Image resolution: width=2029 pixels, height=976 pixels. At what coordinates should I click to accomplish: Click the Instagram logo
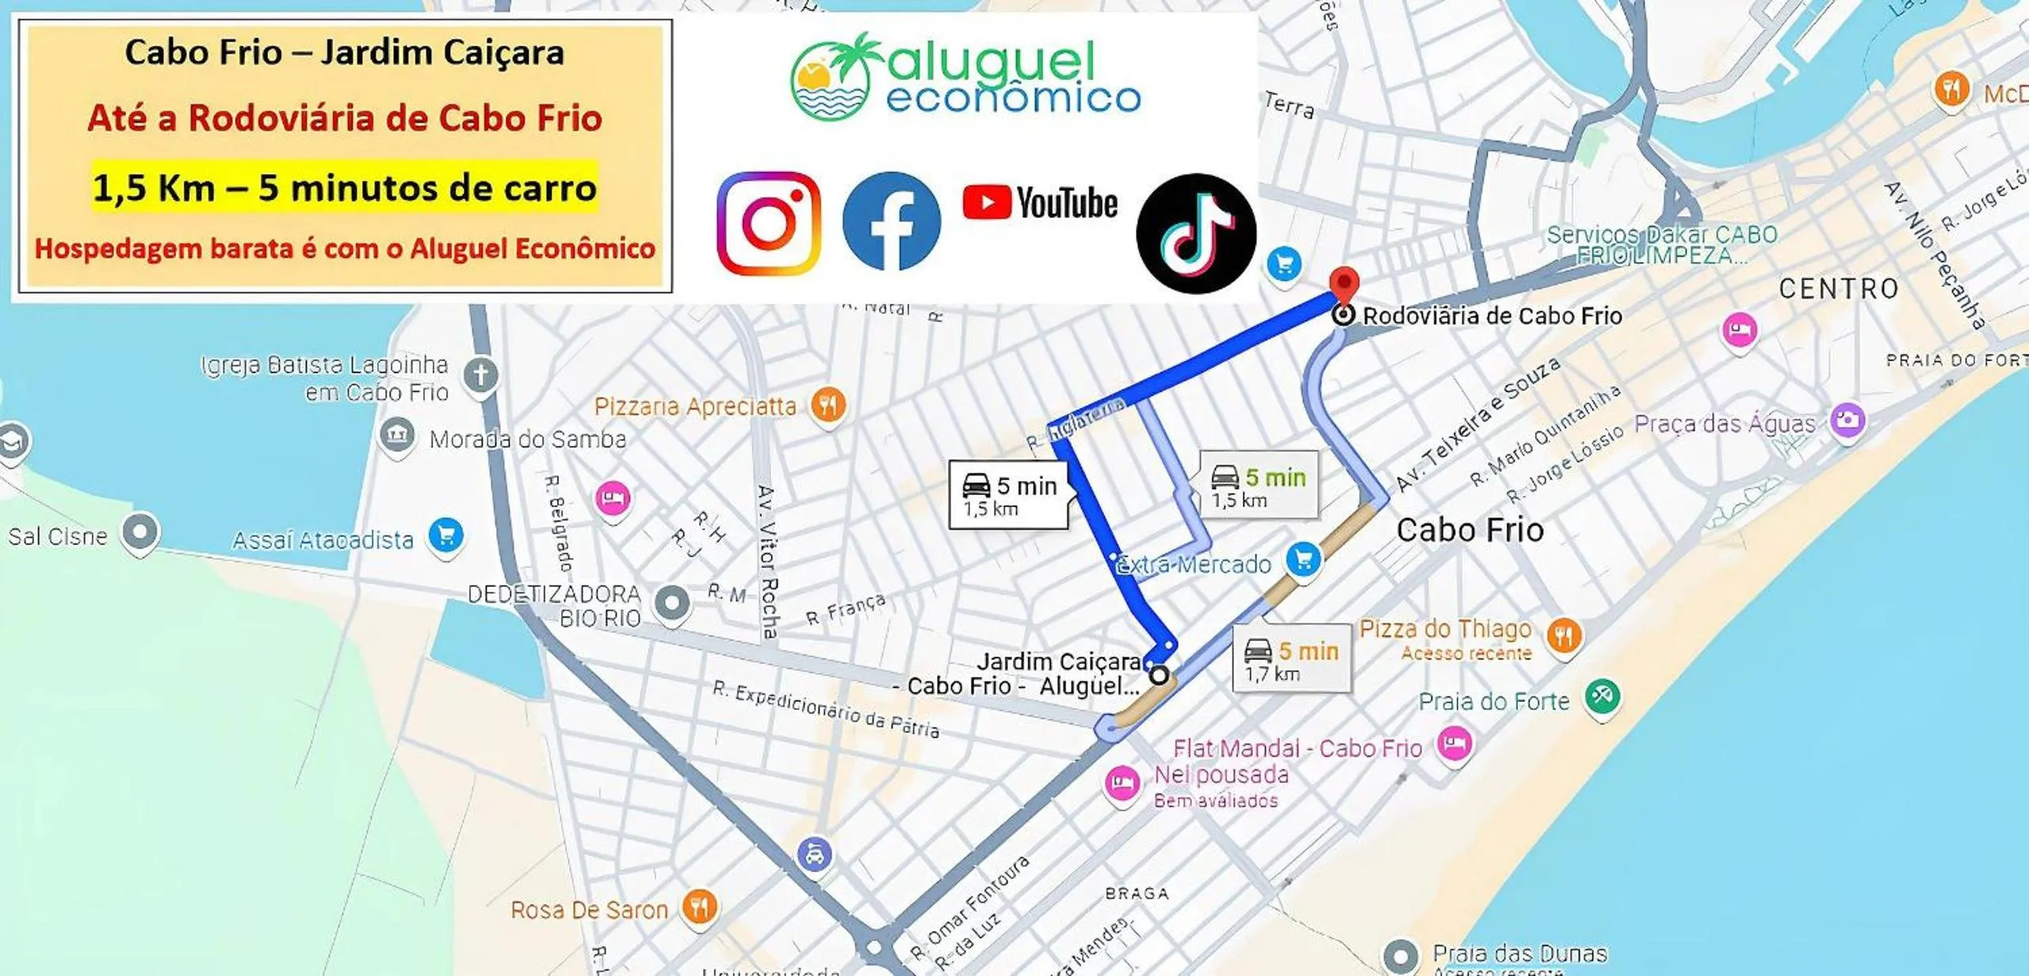coord(768,223)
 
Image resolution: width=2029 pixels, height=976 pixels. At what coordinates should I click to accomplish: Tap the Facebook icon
coord(891,221)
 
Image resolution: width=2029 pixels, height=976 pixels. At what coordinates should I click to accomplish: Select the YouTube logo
coord(1039,203)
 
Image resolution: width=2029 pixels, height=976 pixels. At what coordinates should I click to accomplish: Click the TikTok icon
coord(1195,233)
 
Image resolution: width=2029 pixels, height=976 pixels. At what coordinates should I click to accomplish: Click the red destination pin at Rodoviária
coord(1343,284)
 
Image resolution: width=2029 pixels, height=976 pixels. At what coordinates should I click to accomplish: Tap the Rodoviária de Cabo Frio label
coord(1492,315)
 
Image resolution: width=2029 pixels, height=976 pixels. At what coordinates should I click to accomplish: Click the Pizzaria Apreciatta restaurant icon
coord(828,406)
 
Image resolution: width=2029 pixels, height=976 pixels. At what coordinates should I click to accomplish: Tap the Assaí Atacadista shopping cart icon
coord(445,536)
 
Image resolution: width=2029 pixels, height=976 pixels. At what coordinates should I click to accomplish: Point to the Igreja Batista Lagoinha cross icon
coord(481,374)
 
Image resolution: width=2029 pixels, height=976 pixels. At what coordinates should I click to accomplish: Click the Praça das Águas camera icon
coord(1847,419)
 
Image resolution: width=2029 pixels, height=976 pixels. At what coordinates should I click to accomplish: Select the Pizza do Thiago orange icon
coord(1563,635)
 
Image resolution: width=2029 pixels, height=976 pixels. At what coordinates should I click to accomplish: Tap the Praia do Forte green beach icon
coord(1602,696)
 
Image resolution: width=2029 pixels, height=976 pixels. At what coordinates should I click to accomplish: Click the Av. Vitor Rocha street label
coord(768,562)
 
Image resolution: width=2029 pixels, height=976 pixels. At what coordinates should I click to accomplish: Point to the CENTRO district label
coord(1838,288)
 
